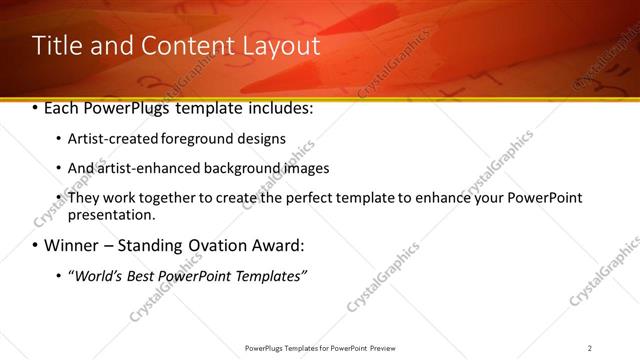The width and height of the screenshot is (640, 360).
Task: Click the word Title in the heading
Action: tap(57, 46)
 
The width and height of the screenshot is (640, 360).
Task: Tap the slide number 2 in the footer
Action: tap(590, 347)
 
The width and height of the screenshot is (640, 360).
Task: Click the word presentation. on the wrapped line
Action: tap(111, 214)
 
